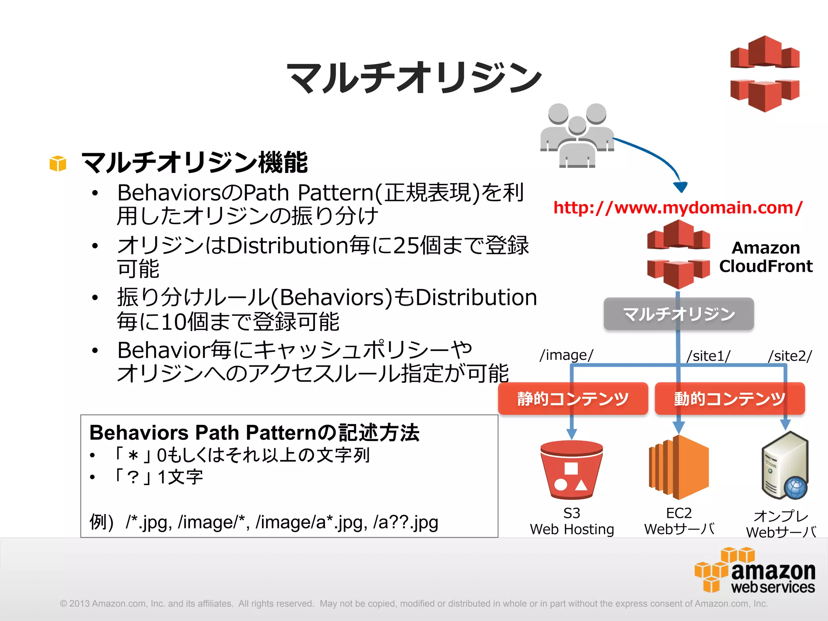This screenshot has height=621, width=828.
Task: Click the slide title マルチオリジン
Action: point(414,78)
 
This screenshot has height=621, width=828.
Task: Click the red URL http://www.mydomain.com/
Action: point(678,208)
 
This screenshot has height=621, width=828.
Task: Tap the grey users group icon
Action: point(577,136)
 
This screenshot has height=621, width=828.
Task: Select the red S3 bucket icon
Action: point(571,470)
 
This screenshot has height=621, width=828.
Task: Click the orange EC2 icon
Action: point(679,468)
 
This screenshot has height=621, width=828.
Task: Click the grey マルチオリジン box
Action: point(678,314)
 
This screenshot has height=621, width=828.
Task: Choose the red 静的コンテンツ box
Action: point(572,399)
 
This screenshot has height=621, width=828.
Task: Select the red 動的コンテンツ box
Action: point(729,399)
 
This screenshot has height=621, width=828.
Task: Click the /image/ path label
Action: point(566,355)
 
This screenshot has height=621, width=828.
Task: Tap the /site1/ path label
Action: point(709,356)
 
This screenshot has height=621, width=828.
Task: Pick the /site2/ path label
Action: point(790,356)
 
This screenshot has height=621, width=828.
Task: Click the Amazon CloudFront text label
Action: point(765,257)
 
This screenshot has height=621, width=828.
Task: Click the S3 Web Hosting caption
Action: point(572,522)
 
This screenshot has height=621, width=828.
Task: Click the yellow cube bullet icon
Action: point(58,163)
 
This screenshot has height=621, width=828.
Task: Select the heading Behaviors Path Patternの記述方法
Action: point(254,433)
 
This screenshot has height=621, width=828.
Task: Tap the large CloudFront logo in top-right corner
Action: point(765,74)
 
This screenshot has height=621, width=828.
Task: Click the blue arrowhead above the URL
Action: point(680,187)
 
